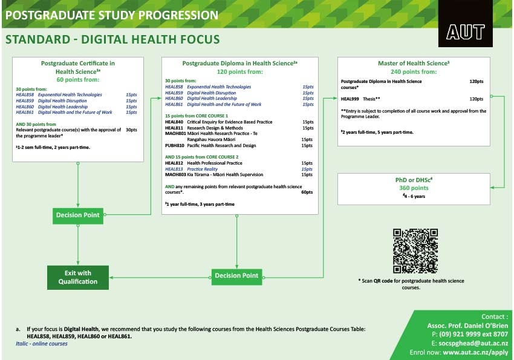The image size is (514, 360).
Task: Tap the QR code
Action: pos(415,251)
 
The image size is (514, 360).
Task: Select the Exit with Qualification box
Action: pos(78,277)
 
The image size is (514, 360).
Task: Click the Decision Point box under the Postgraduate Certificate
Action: pos(78,215)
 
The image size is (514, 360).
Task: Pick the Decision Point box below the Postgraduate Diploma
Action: pos(236,275)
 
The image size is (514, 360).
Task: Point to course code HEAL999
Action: pos(350,98)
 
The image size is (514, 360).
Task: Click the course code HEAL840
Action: pos(174,122)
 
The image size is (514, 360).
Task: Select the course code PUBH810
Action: pos(174,145)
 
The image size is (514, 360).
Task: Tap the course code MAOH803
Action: pos(175,175)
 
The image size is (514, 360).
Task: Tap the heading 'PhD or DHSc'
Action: pos(412,180)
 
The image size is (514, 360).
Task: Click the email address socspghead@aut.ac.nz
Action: pos(473,343)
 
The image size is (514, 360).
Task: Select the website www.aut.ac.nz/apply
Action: pos(475,352)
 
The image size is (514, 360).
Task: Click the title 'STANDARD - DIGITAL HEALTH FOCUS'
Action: pos(112,41)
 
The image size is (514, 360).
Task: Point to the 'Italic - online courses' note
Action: pos(42,344)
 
